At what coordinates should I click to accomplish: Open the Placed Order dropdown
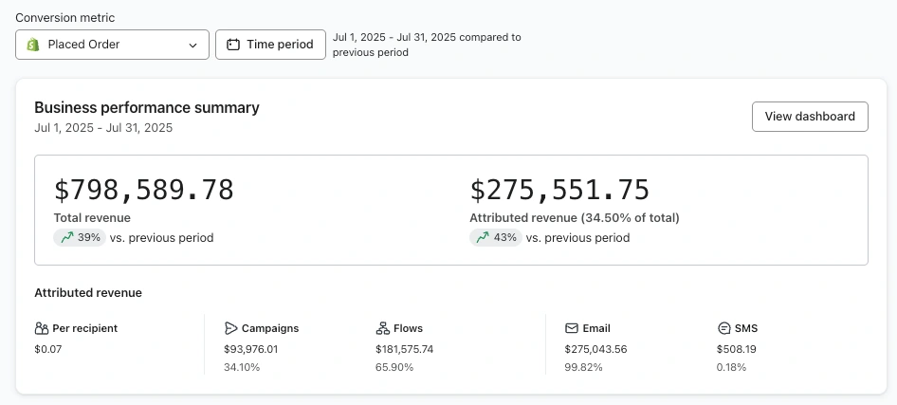[x=112, y=45]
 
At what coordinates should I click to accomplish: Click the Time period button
[x=270, y=45]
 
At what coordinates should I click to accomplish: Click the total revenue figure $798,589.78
[x=143, y=190]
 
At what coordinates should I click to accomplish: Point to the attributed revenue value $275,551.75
[x=559, y=190]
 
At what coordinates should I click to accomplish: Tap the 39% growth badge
[x=80, y=238]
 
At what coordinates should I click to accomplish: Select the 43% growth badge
[x=496, y=238]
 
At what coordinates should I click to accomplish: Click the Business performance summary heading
[x=146, y=108]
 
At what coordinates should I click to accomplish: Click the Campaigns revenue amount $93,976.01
[x=250, y=349]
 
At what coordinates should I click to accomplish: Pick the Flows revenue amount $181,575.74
[x=405, y=349]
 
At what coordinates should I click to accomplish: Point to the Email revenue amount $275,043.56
[x=595, y=349]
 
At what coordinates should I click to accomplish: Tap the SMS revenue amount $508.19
[x=737, y=349]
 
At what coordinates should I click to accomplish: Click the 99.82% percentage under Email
[x=583, y=367]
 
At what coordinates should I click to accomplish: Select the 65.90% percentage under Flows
[x=394, y=367]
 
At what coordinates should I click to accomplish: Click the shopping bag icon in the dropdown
[x=32, y=45]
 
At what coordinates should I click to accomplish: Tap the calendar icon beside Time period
[x=233, y=45]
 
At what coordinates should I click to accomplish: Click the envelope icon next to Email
[x=572, y=328]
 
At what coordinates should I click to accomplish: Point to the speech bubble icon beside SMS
[x=724, y=328]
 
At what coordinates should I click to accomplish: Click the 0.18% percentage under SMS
[x=732, y=367]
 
